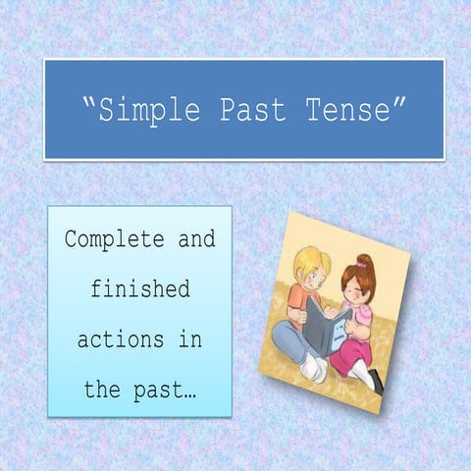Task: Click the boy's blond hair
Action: tap(311, 260)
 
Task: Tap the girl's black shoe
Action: tap(377, 382)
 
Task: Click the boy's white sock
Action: tap(311, 367)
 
